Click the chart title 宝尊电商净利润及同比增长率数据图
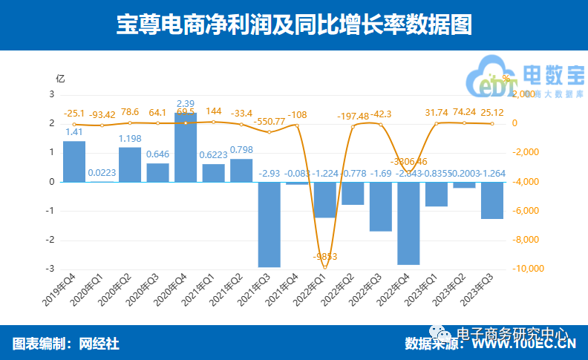click(294, 25)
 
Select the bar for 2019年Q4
click(74, 161)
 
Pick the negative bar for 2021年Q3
click(269, 223)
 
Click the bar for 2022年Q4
click(408, 223)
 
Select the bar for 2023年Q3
click(492, 200)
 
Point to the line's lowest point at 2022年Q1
click(325, 267)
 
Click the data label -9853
click(324, 257)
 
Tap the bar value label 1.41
click(74, 133)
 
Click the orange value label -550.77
click(269, 121)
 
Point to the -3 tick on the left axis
click(52, 269)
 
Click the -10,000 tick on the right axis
click(529, 269)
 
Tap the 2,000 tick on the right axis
click(525, 94)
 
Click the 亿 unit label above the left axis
click(60, 77)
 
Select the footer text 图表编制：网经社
click(65, 344)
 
